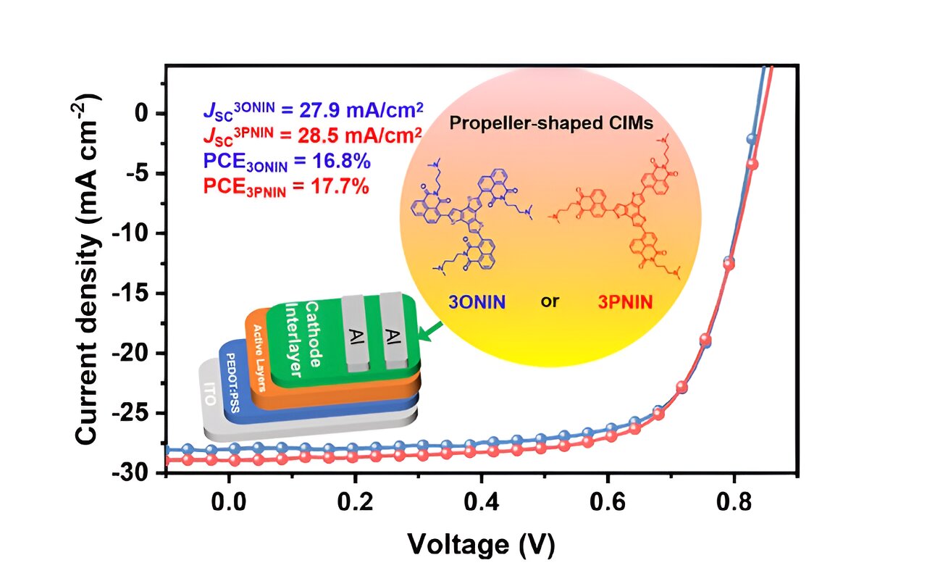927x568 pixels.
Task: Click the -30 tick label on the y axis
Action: [138, 473]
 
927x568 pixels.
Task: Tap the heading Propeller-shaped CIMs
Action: [551, 123]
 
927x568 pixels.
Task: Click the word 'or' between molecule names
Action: [550, 301]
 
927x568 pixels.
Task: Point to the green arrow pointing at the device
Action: [433, 330]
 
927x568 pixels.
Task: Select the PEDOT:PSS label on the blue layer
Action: [235, 384]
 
